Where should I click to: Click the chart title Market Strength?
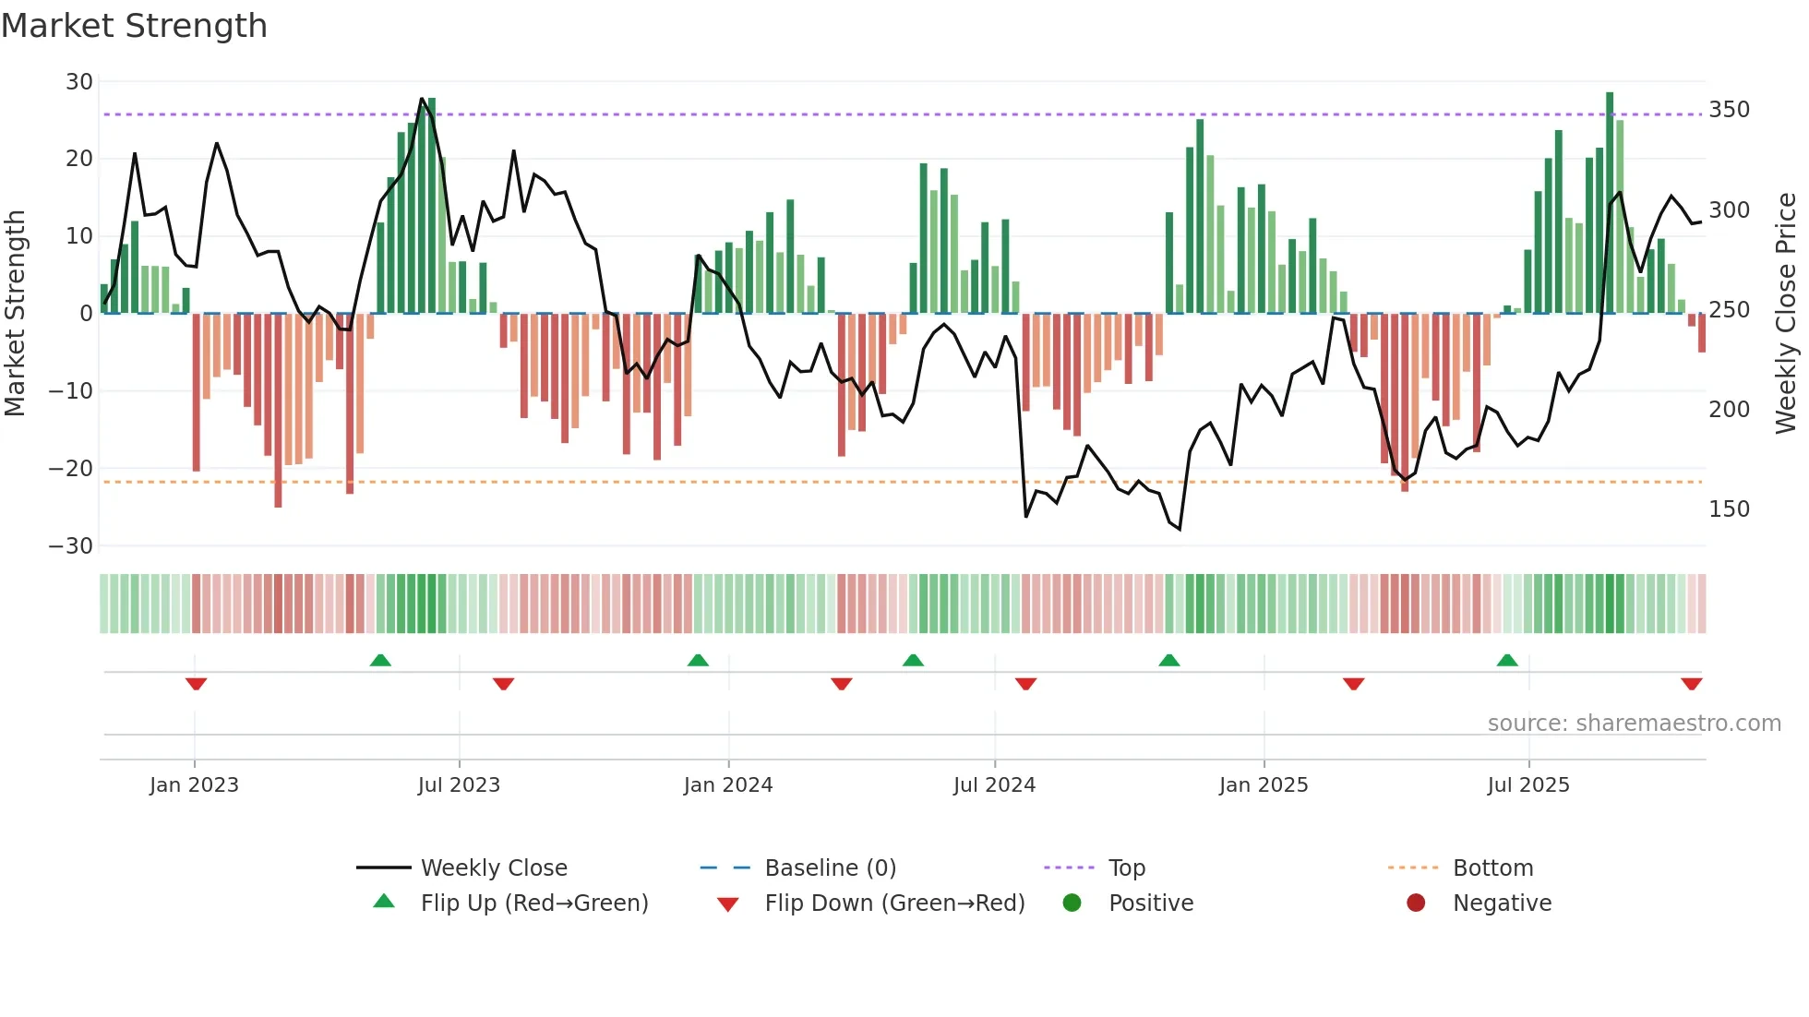[134, 26]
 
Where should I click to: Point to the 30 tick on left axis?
[79, 82]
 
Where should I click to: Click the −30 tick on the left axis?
[71, 546]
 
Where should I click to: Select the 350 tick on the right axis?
[1729, 110]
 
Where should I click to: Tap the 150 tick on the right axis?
[1729, 509]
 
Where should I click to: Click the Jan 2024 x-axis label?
[727, 785]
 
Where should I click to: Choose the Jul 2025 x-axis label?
[1527, 785]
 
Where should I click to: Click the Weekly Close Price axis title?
[1786, 314]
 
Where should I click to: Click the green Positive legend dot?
[1072, 903]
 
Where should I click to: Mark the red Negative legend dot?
[1416, 903]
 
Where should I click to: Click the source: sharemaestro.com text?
[1634, 724]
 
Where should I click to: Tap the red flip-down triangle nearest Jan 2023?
[196, 684]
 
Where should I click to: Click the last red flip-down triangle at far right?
[1691, 684]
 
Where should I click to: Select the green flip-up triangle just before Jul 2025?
[1506, 661]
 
